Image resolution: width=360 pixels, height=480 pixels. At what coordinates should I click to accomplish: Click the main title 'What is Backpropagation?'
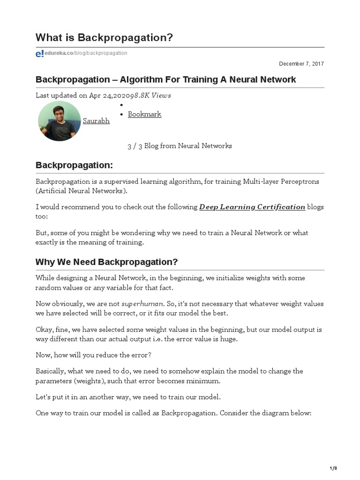pos(104,37)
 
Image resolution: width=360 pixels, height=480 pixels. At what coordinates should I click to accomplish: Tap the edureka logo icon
pos(39,54)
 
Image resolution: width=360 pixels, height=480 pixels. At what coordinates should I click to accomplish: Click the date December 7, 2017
pos(301,64)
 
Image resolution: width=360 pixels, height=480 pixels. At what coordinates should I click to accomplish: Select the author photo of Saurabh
pos(60,121)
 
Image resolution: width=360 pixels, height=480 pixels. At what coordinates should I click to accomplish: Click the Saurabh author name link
pos(96,121)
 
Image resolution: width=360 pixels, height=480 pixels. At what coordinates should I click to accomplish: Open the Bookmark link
pos(144,114)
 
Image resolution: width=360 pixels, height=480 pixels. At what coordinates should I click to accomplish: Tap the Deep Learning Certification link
pos(252,207)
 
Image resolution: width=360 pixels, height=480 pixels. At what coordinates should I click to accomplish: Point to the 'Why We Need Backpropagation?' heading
pos(106,262)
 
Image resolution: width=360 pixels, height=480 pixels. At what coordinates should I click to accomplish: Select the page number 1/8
pos(333,468)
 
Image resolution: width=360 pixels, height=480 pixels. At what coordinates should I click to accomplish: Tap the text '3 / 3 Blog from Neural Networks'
pos(180,146)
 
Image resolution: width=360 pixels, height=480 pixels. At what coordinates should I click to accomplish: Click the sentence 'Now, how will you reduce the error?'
pos(93,355)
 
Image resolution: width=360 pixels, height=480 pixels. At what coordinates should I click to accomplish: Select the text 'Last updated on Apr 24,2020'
pos(83,96)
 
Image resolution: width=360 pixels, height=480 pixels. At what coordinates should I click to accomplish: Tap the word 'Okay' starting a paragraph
pos(44,330)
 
